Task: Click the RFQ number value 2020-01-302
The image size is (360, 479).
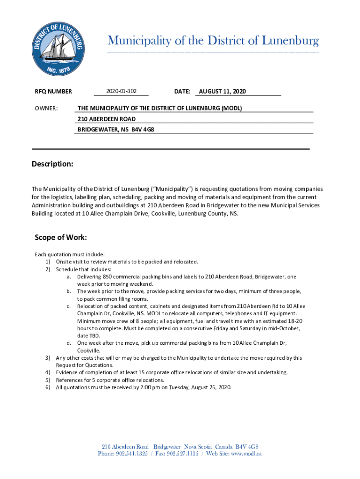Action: pyautogui.click(x=121, y=91)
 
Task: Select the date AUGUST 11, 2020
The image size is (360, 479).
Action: pyautogui.click(x=223, y=91)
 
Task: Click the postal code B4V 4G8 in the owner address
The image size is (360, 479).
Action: pyautogui.click(x=143, y=129)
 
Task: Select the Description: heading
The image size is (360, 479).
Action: pyautogui.click(x=52, y=164)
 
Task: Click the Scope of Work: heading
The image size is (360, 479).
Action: pyautogui.click(x=61, y=237)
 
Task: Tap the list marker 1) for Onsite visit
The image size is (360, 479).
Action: pyautogui.click(x=48, y=261)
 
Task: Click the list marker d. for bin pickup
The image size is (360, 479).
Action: pyautogui.click(x=69, y=343)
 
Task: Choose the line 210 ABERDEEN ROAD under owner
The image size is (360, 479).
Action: pyautogui.click(x=107, y=119)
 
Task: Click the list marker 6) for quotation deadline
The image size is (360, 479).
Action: pyautogui.click(x=48, y=387)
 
